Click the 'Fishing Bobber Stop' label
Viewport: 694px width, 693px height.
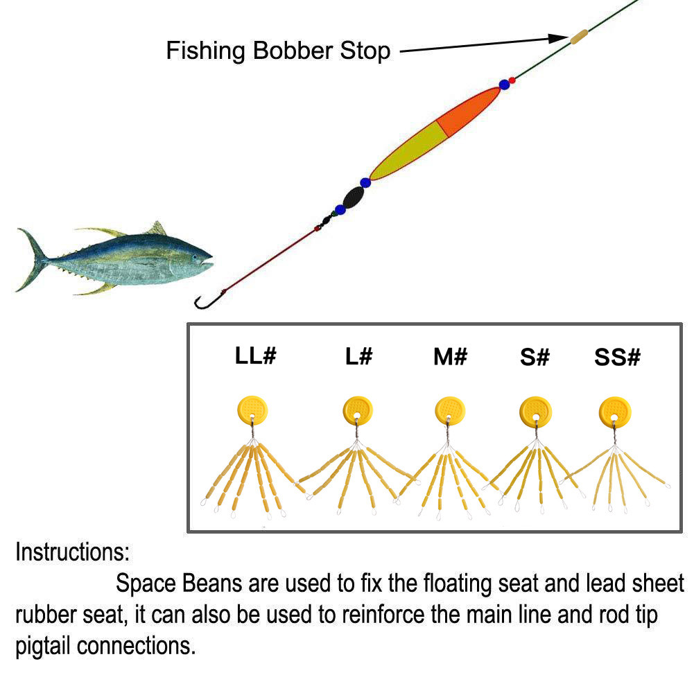tap(278, 51)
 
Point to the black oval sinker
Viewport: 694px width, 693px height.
tap(354, 198)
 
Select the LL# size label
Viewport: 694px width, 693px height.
tap(256, 356)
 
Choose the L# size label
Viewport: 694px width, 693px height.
tap(358, 356)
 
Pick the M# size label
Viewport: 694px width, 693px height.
tap(450, 356)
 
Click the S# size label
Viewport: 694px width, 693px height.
tap(535, 356)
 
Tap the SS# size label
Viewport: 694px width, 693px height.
tap(617, 356)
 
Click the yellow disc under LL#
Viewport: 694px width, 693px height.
tap(252, 410)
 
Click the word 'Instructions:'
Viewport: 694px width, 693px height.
tap(73, 553)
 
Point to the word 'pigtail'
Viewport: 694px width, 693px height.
tap(43, 646)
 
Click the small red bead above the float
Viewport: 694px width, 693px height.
tap(512, 80)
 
